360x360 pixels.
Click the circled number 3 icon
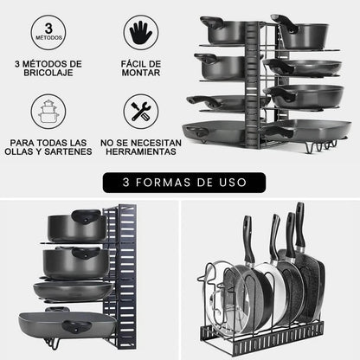[x=48, y=32]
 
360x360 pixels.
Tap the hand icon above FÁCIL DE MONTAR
[x=140, y=32]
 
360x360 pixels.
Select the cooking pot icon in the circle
[x=48, y=111]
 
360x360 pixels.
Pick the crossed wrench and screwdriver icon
[x=140, y=111]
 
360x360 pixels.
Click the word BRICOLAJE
[x=48, y=74]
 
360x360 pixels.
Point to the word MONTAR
[x=140, y=74]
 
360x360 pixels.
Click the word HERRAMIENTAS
[x=140, y=152]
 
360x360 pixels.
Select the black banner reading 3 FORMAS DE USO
[x=180, y=183]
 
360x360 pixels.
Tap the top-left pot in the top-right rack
[x=223, y=31]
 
